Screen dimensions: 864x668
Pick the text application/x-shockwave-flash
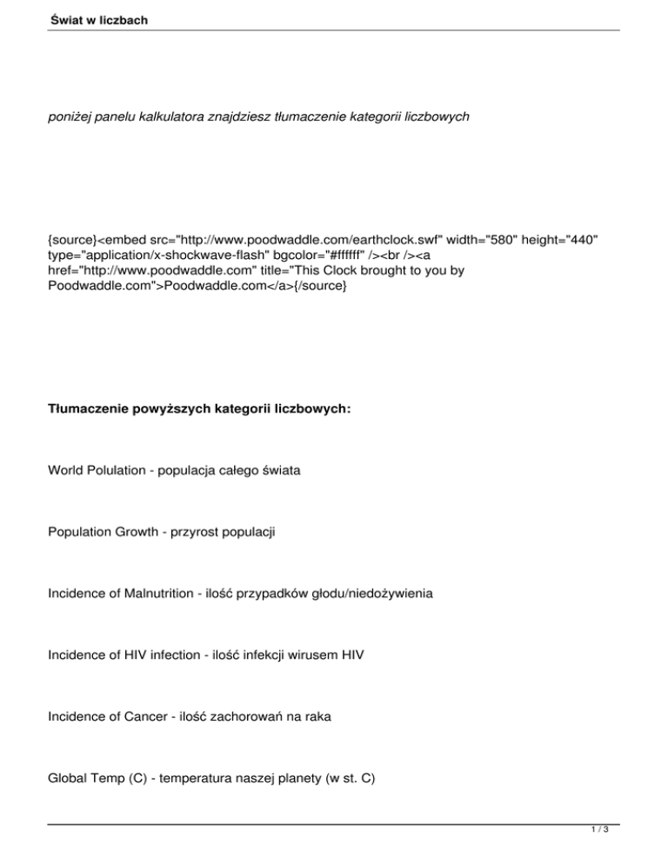pos(162,255)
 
